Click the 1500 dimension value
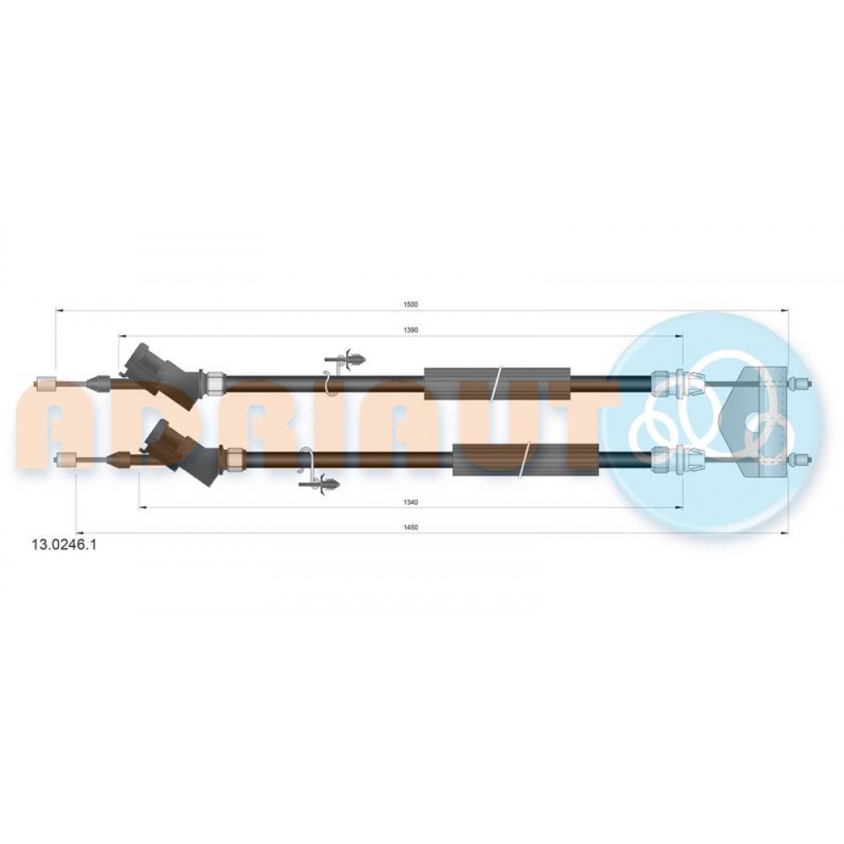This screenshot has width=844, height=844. point(410,304)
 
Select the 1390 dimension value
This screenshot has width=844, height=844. point(410,330)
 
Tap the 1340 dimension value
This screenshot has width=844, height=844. point(410,502)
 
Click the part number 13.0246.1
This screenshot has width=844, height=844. point(65,545)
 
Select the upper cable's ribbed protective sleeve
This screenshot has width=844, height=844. point(497,384)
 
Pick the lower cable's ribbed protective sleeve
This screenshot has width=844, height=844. point(526,460)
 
